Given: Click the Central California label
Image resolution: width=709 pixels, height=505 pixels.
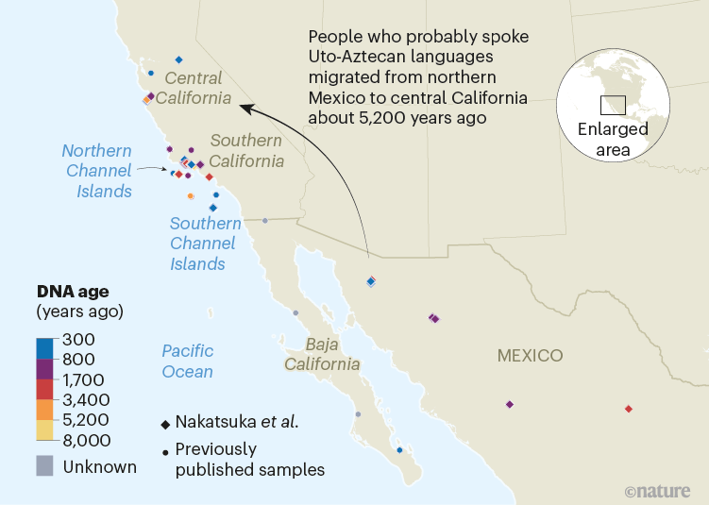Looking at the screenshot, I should point(193,88).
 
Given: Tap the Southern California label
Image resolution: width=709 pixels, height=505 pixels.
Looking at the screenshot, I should point(246,150).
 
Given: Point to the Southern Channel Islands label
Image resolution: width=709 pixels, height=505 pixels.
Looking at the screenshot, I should point(203,244).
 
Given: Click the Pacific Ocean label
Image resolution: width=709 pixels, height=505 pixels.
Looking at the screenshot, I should point(187,361).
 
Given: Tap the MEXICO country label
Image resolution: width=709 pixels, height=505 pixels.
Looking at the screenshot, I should point(530,356).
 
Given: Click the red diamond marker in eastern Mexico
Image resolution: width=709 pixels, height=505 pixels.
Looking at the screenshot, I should point(629,409).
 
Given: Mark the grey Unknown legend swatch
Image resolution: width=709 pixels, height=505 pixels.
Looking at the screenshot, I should point(45,465).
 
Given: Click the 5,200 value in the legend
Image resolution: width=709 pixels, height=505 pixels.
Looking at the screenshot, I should point(86,420).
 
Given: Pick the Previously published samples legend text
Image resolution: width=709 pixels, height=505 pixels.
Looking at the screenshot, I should point(249,460).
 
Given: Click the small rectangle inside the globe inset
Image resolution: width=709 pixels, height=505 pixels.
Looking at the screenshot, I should point(614,104).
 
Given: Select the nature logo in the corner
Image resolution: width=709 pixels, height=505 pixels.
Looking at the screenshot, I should point(659,491).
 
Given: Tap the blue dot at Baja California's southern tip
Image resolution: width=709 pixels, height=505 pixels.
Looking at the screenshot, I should point(400,450).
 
